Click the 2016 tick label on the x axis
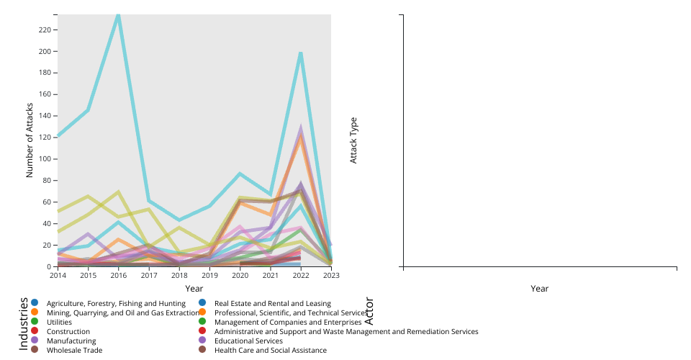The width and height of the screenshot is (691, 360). pyautogui.click(x=118, y=275)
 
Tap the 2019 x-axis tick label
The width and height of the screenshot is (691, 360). pyautogui.click(x=209, y=275)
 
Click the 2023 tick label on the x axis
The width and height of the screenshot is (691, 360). pyautogui.click(x=331, y=275)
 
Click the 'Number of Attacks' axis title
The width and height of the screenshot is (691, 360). pyautogui.click(x=30, y=140)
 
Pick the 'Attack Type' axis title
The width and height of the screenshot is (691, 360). pyautogui.click(x=353, y=140)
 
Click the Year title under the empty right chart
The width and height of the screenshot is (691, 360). pyautogui.click(x=540, y=288)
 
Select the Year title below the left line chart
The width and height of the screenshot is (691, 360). pyautogui.click(x=194, y=288)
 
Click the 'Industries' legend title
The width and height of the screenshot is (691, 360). pyautogui.click(x=23, y=323)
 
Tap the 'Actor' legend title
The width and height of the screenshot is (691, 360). pyautogui.click(x=369, y=311)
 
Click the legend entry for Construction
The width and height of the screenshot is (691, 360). pyautogui.click(x=68, y=332)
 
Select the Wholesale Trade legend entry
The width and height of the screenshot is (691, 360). pyautogui.click(x=74, y=351)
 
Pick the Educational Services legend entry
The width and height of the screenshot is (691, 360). pyautogui.click(x=248, y=341)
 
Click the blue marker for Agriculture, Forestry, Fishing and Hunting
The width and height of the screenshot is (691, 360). pyautogui.click(x=34, y=304)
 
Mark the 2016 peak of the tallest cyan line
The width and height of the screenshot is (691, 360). pyautogui.click(x=118, y=15)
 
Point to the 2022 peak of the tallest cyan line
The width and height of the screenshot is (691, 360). pyautogui.click(x=301, y=53)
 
